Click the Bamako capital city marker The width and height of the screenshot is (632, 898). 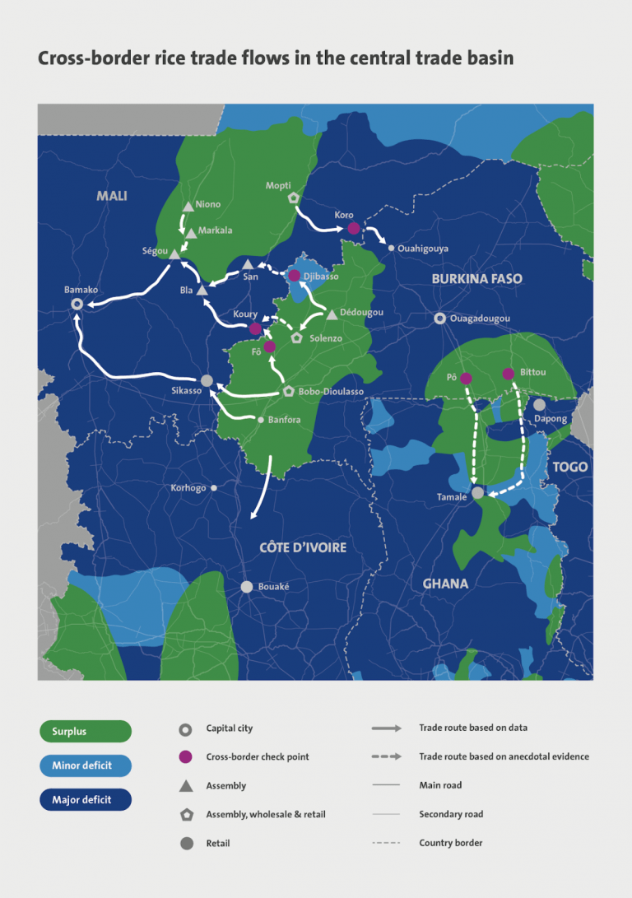77,304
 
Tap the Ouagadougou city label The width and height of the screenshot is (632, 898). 481,319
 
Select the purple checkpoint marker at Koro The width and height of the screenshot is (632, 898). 352,228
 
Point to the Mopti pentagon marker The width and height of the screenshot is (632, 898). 293,198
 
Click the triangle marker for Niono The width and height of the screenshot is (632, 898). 188,206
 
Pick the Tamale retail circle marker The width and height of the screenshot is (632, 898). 477,493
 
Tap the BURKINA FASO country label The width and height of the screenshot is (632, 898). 476,279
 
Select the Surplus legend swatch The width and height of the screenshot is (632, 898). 86,731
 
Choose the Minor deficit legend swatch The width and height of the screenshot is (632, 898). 86,765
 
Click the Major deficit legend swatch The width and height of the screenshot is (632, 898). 86,799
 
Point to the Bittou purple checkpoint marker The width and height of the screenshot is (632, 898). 509,374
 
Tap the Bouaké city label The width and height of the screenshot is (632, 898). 274,587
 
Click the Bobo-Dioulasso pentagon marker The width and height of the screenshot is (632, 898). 288,392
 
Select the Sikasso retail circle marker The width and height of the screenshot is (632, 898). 207,380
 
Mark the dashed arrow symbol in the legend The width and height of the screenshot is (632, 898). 386,756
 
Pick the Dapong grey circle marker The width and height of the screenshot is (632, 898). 539,404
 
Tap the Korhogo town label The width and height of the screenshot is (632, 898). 188,488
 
